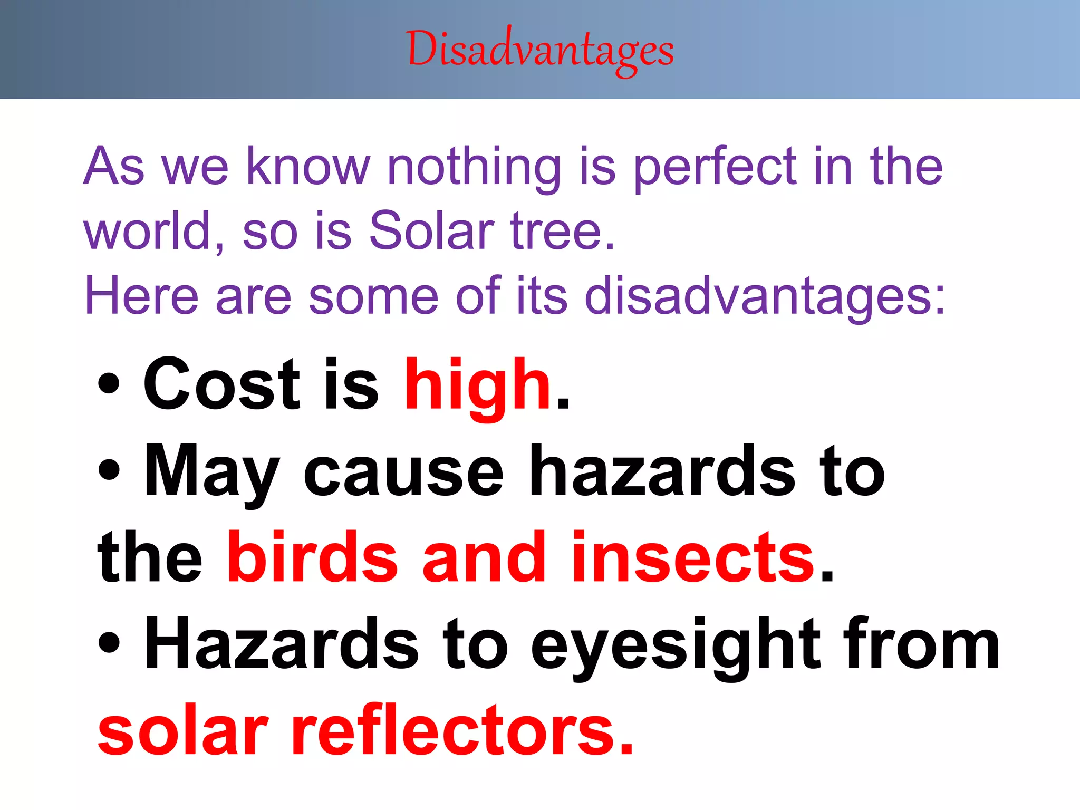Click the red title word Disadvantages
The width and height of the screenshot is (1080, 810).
coord(540,51)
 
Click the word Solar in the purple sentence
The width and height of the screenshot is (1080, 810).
coord(431,230)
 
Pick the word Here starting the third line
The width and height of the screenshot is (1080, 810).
coord(141,296)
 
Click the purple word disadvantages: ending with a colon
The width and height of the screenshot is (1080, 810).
coord(765,296)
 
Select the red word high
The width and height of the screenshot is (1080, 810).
coord(478,385)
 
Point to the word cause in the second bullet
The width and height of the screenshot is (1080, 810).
coord(403,471)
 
